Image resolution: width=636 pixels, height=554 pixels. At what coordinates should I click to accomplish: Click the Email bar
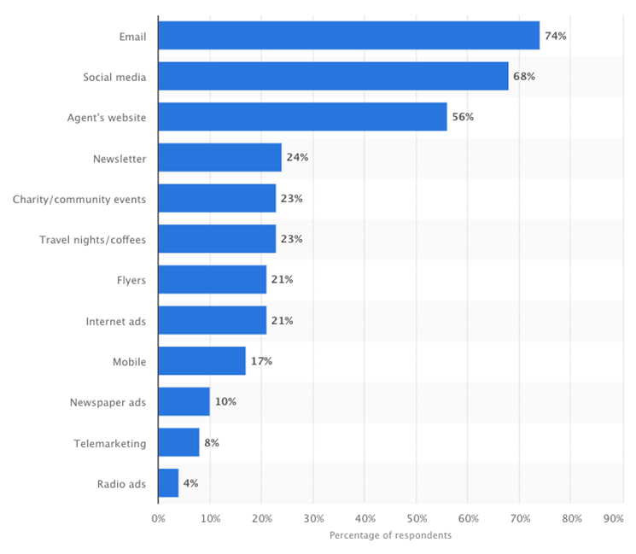[x=348, y=36]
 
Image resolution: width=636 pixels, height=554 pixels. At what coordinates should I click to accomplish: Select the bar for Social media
[x=333, y=76]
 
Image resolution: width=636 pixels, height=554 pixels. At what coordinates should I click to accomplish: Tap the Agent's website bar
[x=302, y=117]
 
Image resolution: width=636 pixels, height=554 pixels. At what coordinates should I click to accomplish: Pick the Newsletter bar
[x=219, y=158]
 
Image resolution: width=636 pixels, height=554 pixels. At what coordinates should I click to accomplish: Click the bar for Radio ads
[x=168, y=483]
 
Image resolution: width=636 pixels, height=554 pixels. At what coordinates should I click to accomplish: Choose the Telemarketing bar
[x=178, y=443]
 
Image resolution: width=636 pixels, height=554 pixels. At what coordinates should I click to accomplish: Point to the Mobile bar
[x=201, y=361]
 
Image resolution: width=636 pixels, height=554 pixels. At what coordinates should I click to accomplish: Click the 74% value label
[x=555, y=36]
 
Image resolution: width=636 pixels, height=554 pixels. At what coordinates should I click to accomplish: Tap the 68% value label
[x=524, y=76]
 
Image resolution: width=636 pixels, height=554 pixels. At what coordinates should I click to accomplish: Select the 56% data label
[x=462, y=117]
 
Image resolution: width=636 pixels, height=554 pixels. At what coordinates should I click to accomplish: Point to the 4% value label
[x=190, y=483]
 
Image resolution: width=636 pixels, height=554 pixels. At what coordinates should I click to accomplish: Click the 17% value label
[x=261, y=361]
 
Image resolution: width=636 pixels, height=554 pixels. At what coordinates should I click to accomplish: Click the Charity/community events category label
[x=79, y=199]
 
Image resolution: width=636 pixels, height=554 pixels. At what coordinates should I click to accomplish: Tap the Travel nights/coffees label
[x=92, y=240]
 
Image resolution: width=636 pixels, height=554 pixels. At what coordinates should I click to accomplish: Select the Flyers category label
[x=131, y=280]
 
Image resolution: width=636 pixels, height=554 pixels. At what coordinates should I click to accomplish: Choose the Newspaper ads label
[x=108, y=402]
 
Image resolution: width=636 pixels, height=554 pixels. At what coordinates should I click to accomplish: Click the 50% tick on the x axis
[x=417, y=518]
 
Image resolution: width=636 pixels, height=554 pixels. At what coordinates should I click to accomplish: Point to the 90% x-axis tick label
[x=613, y=518]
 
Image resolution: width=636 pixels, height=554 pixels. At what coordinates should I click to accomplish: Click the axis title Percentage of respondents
[x=390, y=535]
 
